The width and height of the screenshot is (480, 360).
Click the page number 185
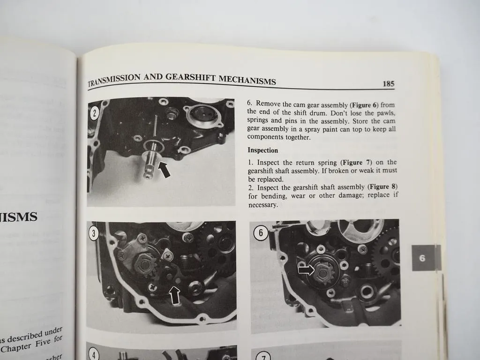tap(388, 84)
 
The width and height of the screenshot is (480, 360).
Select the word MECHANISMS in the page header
tap(247, 81)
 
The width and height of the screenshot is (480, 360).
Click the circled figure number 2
tap(94, 112)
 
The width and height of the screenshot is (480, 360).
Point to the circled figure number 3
tap(94, 233)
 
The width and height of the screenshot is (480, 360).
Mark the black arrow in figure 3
tap(175, 295)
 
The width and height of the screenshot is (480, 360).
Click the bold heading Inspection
tap(262, 150)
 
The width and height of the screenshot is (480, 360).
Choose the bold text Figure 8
tap(382, 187)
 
